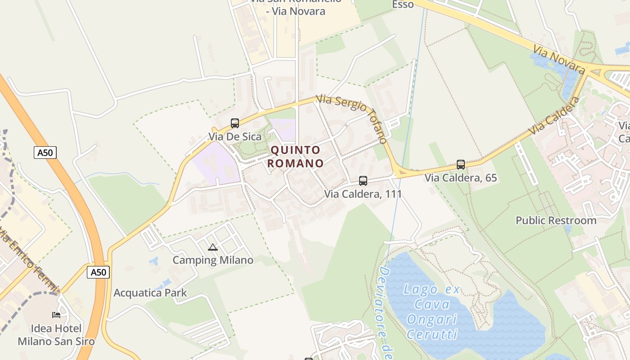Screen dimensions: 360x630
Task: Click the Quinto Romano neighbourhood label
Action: click(296, 157)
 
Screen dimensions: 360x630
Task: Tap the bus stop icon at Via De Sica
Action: click(235, 123)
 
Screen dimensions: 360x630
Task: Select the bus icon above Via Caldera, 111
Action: click(363, 181)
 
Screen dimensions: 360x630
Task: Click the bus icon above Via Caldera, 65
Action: click(461, 165)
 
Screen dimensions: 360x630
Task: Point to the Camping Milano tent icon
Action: click(213, 247)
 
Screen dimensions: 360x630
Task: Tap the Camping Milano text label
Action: click(213, 260)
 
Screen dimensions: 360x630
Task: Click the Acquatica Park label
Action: click(150, 293)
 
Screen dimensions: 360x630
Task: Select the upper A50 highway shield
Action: click(45, 153)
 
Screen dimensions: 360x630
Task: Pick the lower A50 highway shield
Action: click(98, 272)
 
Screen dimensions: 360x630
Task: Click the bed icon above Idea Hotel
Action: click(56, 315)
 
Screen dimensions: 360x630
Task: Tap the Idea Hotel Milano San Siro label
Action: click(56, 335)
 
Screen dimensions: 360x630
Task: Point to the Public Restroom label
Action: click(556, 220)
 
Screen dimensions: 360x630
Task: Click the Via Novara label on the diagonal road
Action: click(559, 59)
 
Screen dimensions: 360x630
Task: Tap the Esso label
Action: click(403, 4)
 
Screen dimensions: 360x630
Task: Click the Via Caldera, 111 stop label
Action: click(363, 194)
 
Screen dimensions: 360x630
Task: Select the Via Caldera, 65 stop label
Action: click(461, 178)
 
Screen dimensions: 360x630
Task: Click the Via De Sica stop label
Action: click(235, 136)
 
